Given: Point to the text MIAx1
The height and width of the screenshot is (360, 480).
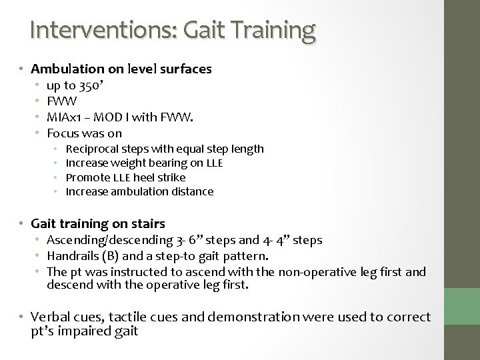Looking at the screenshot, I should point(62,118).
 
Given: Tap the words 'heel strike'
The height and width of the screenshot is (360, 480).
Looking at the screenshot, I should point(163,177).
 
